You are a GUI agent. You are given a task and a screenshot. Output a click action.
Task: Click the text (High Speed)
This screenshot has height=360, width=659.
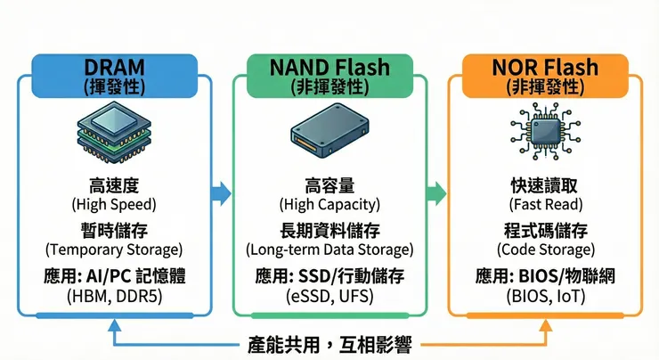coord(113,205)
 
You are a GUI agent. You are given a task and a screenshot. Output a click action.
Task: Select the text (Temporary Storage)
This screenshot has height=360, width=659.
coord(113,249)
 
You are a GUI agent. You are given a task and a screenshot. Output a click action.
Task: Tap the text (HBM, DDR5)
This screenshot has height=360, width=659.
coord(113,295)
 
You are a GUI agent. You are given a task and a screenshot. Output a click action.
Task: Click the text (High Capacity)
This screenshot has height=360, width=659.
coord(330,205)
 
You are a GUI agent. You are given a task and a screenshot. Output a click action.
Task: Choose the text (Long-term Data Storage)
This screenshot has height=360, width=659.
coord(330,249)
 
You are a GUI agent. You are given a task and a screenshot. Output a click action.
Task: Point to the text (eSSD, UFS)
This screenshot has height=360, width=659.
coord(330,295)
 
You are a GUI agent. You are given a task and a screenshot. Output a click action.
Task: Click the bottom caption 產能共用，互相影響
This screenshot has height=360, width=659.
coord(330,342)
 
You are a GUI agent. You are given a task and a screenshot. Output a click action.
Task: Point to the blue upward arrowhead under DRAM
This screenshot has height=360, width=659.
coord(113,327)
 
